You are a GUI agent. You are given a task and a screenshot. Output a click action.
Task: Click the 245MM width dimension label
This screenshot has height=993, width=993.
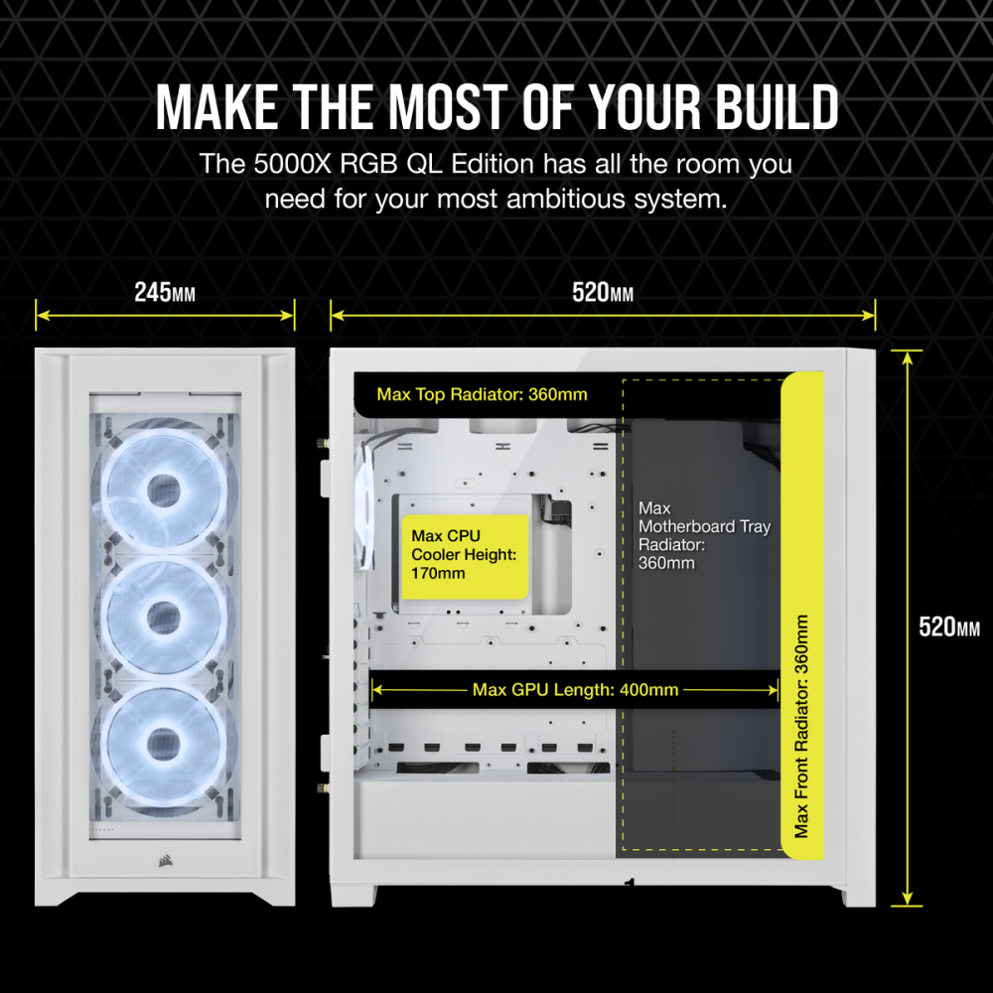165,293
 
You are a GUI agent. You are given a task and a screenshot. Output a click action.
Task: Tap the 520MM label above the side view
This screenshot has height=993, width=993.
603,293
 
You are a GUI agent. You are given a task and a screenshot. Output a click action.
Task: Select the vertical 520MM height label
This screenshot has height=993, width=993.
948,627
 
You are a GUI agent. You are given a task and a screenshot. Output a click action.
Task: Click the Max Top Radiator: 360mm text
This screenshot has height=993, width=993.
482,394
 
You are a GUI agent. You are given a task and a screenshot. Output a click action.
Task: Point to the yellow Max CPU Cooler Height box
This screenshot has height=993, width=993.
466,557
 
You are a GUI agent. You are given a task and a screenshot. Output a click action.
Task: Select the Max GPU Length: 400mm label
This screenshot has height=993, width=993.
575,690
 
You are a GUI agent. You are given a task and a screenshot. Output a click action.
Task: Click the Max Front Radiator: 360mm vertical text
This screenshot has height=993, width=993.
801,726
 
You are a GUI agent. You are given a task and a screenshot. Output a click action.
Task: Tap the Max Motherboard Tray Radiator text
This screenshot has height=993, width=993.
704,535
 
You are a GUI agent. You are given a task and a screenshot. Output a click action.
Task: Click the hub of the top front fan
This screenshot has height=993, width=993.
164,491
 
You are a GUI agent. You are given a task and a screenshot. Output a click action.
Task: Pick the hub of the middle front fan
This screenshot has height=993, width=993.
164,618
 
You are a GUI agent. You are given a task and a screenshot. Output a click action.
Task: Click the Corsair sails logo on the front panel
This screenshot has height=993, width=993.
165,860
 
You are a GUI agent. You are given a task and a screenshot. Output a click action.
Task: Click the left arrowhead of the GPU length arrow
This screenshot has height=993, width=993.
375,690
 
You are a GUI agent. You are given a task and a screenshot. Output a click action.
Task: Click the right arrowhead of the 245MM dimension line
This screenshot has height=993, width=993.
289,315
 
